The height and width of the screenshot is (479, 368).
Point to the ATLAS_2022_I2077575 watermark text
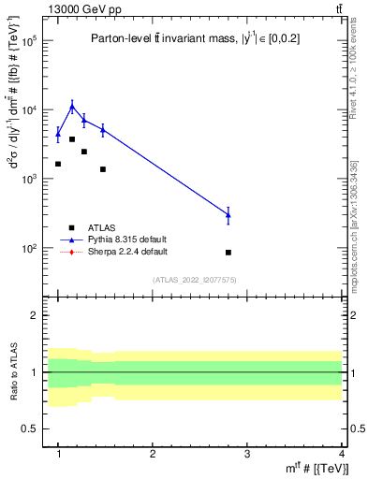tap(194, 279)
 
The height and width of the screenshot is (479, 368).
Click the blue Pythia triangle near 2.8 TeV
tap(228, 215)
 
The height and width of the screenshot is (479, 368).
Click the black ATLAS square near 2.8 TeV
tap(228, 253)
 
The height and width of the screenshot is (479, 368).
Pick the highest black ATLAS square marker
tap(72, 139)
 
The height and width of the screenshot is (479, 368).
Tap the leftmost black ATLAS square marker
tap(58, 164)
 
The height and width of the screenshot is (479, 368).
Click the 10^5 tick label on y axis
tap(28, 41)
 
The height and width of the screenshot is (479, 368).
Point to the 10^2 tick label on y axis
tap(28, 249)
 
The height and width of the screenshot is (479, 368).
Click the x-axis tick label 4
tap(341, 452)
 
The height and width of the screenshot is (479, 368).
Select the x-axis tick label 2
tap(153, 452)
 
